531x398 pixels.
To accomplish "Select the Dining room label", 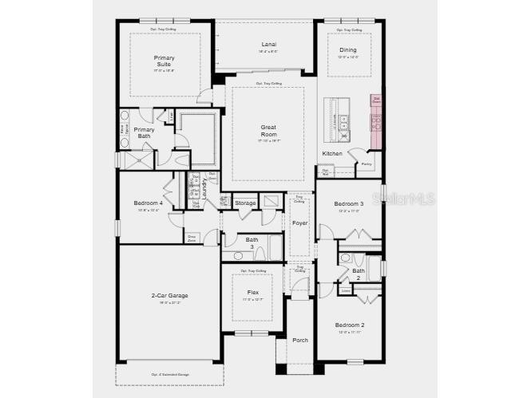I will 348,49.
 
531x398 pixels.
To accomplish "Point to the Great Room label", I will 268,131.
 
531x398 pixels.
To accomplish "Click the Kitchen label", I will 332,153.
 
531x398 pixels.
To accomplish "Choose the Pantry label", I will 366,164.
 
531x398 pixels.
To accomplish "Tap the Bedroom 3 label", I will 349,203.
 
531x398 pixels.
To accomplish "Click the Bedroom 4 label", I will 149,203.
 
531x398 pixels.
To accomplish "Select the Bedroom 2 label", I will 349,325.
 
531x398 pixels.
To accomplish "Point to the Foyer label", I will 299,223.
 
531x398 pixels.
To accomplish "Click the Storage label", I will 245,203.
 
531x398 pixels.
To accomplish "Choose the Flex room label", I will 252,293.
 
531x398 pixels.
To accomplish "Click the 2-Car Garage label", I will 170,296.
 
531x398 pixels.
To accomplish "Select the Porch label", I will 299,340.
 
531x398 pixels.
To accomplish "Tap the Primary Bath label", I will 144,132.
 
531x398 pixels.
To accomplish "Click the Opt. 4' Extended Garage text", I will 170,373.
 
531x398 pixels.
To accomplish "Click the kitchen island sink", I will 343,122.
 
